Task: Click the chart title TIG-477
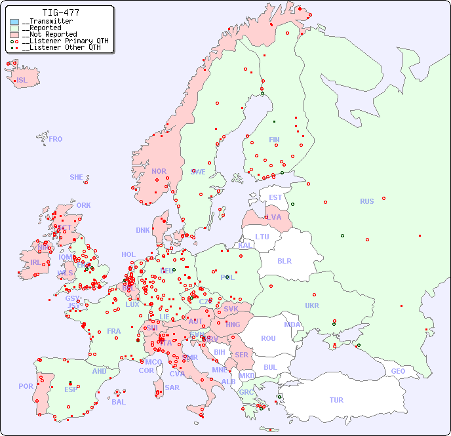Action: [x=60, y=12]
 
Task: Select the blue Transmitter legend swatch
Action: [x=14, y=22]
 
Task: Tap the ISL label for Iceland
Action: [x=22, y=81]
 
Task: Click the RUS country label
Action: [x=366, y=201]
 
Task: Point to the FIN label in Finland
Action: [x=274, y=140]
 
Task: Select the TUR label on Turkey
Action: [x=336, y=400]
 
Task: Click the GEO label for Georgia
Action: [x=398, y=371]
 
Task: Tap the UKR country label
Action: [x=312, y=306]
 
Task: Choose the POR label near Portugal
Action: [x=26, y=386]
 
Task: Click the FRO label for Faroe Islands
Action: [x=56, y=139]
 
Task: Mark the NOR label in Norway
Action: [x=159, y=171]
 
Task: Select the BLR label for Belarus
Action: [x=284, y=260]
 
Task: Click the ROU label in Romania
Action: [x=268, y=338]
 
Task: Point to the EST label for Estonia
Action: [x=275, y=197]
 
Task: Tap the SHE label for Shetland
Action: [x=77, y=177]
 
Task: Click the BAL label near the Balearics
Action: [x=118, y=402]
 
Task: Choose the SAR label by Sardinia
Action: [x=172, y=387]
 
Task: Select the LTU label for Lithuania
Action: [x=262, y=237]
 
